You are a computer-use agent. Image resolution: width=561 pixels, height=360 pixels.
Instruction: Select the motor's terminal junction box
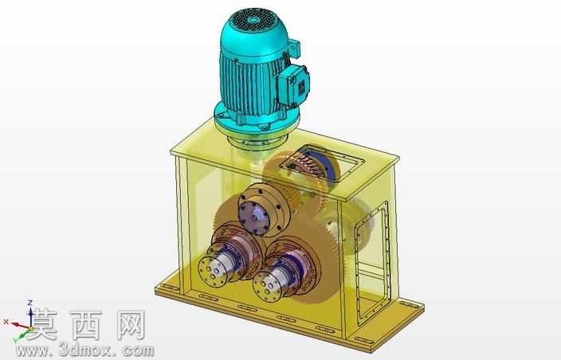point(293,86)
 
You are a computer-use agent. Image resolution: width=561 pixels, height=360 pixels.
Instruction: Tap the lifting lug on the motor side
point(295,49)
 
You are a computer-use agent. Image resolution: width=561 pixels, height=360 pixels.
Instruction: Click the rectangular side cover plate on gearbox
point(372,264)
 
